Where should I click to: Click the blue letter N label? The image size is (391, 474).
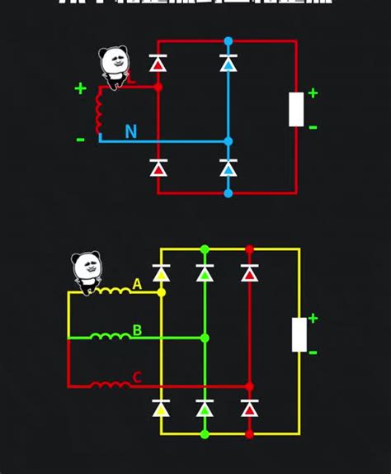click(130, 131)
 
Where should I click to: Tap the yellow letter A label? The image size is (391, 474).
click(137, 285)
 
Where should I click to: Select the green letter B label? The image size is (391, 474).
click(137, 330)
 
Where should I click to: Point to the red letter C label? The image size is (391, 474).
click(137, 378)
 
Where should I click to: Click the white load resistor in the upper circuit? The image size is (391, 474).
click(296, 109)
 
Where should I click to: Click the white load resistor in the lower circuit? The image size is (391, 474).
click(299, 334)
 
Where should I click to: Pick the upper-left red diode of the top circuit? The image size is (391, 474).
click(158, 64)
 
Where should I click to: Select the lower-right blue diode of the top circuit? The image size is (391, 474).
click(228, 168)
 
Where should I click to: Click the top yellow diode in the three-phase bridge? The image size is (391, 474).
click(162, 273)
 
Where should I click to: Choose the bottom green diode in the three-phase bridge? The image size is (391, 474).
click(205, 408)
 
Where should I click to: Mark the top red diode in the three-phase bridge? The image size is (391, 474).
click(249, 273)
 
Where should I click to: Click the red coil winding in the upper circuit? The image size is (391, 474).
click(100, 111)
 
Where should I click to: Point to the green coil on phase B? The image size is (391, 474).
click(108, 336)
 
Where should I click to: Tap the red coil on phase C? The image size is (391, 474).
click(108, 384)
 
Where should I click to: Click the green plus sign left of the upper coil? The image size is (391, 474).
click(80, 88)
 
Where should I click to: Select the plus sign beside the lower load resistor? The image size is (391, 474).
click(313, 318)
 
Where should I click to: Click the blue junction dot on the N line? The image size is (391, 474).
click(228, 142)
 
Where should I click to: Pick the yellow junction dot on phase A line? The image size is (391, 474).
click(162, 292)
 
